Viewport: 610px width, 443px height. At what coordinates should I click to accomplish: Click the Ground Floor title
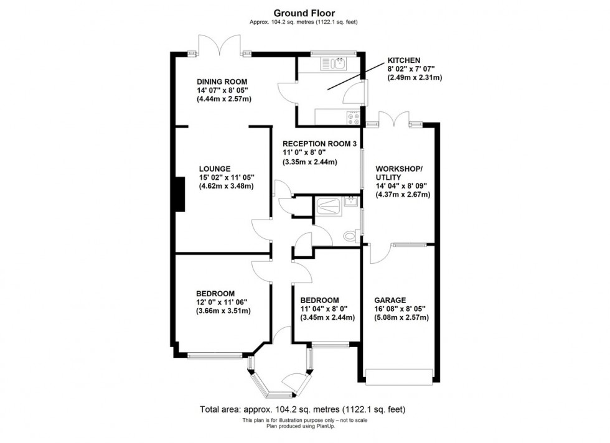coord(304,12)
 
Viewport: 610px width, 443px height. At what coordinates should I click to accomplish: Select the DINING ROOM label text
coord(222,82)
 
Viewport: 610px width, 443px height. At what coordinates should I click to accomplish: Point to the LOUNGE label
coord(215,168)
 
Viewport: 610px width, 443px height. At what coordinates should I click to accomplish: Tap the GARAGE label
coord(390,299)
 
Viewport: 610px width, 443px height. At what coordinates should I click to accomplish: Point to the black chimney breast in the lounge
coord(179,194)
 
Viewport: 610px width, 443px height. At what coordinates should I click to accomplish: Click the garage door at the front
coord(399,375)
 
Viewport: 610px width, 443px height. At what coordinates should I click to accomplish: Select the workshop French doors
coord(394,119)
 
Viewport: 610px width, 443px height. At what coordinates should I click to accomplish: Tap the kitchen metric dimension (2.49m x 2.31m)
coord(415,78)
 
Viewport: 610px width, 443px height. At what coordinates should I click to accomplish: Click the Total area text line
coord(304,410)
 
